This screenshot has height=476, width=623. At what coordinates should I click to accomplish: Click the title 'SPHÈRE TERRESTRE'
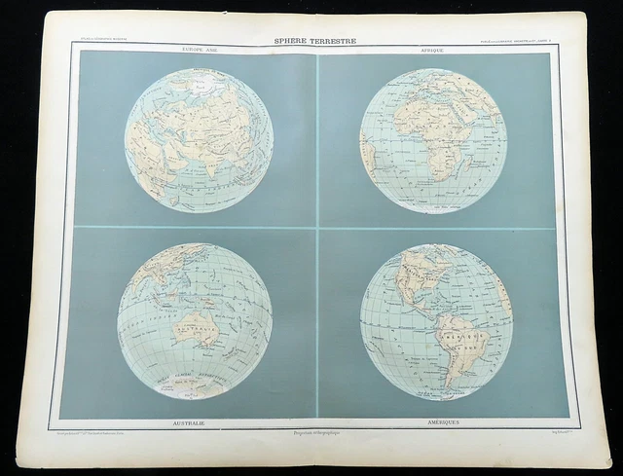pyautogui.click(x=313, y=41)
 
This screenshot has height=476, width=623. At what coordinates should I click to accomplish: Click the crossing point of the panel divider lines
pyautogui.click(x=316, y=228)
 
